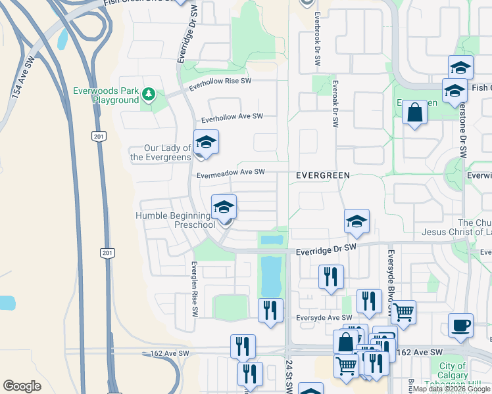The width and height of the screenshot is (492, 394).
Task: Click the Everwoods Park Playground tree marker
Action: pyautogui.click(x=149, y=95)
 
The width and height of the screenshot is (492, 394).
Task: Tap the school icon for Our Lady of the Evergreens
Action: pyautogui.click(x=206, y=142)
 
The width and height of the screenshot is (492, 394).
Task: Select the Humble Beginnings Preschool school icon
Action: pyautogui.click(x=224, y=208)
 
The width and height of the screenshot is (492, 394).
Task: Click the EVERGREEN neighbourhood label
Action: pyautogui.click(x=322, y=175)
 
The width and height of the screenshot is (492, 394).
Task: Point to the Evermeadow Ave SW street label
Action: pyautogui.click(x=231, y=172)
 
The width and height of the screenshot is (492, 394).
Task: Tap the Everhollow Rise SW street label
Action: pyautogui.click(x=220, y=84)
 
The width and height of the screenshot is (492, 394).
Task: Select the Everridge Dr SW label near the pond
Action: pyautogui.click(x=326, y=248)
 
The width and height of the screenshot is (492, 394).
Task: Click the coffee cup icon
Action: pyautogui.click(x=460, y=324)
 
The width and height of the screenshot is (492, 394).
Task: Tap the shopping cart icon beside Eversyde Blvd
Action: pyautogui.click(x=403, y=311)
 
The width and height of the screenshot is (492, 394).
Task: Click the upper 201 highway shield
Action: pyautogui.click(x=99, y=136)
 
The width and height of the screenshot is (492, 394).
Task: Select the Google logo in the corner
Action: pyautogui.click(x=22, y=386)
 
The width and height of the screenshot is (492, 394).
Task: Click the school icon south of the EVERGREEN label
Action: pyautogui.click(x=357, y=221)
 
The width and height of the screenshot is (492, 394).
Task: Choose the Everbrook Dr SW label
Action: pyautogui.click(x=317, y=39)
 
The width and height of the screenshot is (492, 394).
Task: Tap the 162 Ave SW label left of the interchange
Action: pyautogui.click(x=170, y=353)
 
